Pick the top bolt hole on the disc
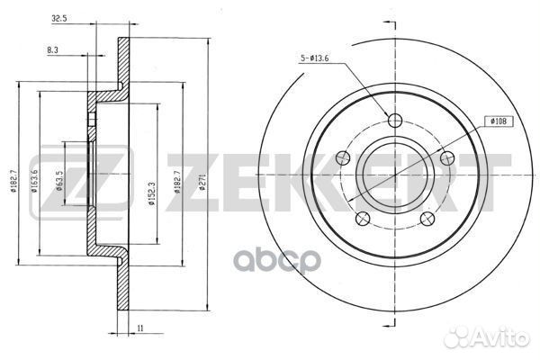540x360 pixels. [x=394, y=121]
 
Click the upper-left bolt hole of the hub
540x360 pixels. [x=342, y=159]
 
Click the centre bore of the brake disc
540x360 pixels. [x=394, y=175]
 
